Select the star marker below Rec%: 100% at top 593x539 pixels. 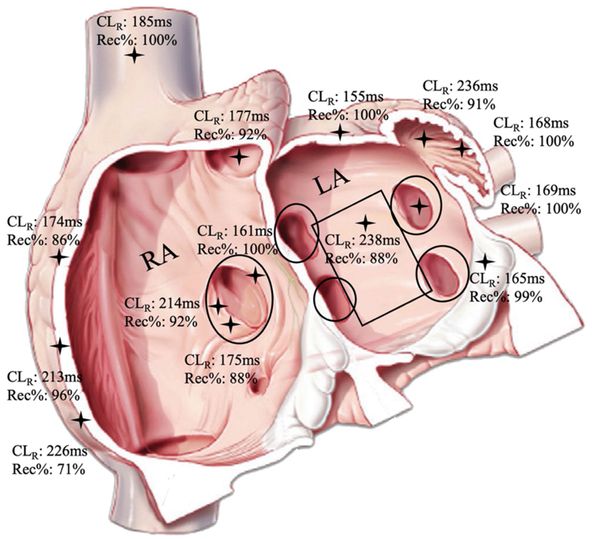(134, 55)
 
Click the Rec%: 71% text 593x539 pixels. (48, 468)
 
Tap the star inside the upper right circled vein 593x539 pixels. (418, 206)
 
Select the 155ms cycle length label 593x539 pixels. (359, 97)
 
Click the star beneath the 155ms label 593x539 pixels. (340, 133)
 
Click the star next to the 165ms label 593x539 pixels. (484, 261)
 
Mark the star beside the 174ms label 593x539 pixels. (59, 257)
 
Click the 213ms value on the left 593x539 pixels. (62, 377)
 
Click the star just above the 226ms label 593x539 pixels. (81, 420)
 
